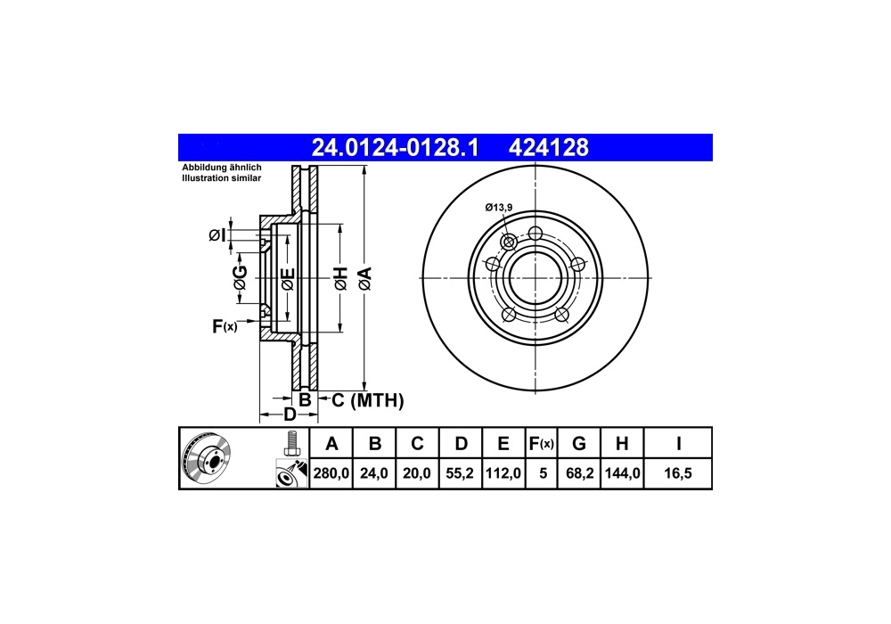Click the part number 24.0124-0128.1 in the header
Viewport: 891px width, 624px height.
coord(395,148)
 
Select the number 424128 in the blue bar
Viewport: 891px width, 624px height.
coord(548,148)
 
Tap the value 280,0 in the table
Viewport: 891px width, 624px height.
coord(331,472)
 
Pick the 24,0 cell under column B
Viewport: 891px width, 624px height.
coord(374,472)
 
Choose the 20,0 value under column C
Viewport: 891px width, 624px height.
coord(416,472)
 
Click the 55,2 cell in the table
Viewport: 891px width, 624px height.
coord(460,472)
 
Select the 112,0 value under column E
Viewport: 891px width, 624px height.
coord(503,472)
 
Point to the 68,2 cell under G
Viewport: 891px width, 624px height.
coord(580,472)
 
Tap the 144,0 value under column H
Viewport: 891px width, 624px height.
coord(622,472)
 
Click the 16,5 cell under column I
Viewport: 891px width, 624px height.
coord(678,472)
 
